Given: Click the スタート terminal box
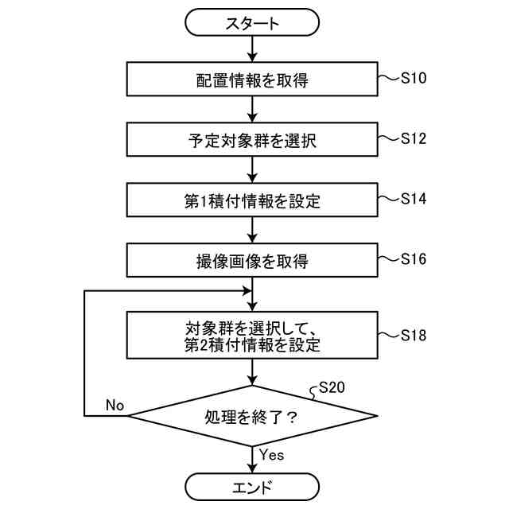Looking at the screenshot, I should click(252, 23).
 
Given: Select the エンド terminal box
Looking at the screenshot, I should click(252, 486).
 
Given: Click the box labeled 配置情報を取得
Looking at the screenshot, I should click(252, 80).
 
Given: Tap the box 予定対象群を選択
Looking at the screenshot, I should click(252, 140).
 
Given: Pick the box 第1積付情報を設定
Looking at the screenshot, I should click(252, 200).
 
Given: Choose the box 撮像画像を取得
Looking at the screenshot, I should click(252, 260).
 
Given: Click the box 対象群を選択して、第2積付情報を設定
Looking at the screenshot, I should click(252, 335).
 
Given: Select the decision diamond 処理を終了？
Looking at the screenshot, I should click(252, 415).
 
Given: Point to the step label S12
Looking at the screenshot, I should click(414, 138).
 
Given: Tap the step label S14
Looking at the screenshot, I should click(414, 199).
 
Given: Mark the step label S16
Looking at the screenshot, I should click(414, 259).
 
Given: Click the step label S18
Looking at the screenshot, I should click(414, 335).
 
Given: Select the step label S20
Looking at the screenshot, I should click(332, 388).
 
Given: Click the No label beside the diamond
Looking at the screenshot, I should click(115, 406).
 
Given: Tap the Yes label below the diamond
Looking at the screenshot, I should click(271, 455).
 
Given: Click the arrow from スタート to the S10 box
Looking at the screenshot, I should click(252, 49).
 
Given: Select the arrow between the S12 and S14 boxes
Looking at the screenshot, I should click(252, 170).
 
